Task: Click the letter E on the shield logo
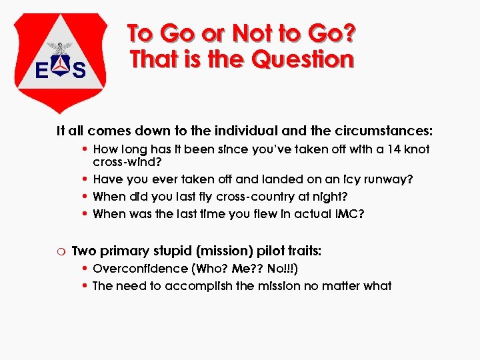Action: [x=41, y=70]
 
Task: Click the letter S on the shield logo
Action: [x=79, y=70]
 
